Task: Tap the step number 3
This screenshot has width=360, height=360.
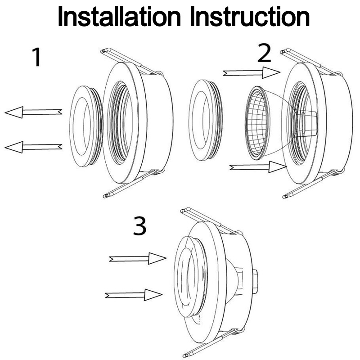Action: pos(140,227)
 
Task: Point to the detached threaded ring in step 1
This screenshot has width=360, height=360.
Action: pos(85,121)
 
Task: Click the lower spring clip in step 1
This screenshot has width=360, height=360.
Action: pos(130,184)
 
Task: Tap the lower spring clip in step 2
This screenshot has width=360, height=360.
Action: pos(310,184)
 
